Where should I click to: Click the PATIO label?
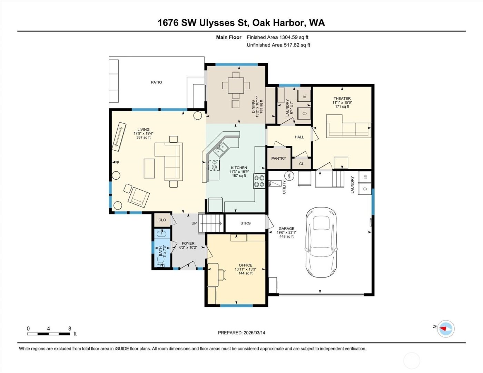[x=156, y=82]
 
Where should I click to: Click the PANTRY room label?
[x=279, y=159]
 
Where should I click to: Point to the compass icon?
[x=446, y=329]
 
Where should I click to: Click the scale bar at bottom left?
[x=49, y=333]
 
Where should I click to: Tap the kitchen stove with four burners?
[x=259, y=181]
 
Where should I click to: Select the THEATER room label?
[x=342, y=99]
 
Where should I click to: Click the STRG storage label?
[x=245, y=223]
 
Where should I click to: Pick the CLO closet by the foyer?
[x=162, y=220]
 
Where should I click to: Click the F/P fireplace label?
[x=116, y=163]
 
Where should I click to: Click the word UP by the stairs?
[x=194, y=223]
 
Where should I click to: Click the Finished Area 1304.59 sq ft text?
[x=277, y=37]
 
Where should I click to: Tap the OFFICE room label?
[x=245, y=265]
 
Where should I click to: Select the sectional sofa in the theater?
[x=348, y=127]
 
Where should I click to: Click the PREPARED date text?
[x=241, y=333]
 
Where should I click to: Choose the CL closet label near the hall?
[x=302, y=164]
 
